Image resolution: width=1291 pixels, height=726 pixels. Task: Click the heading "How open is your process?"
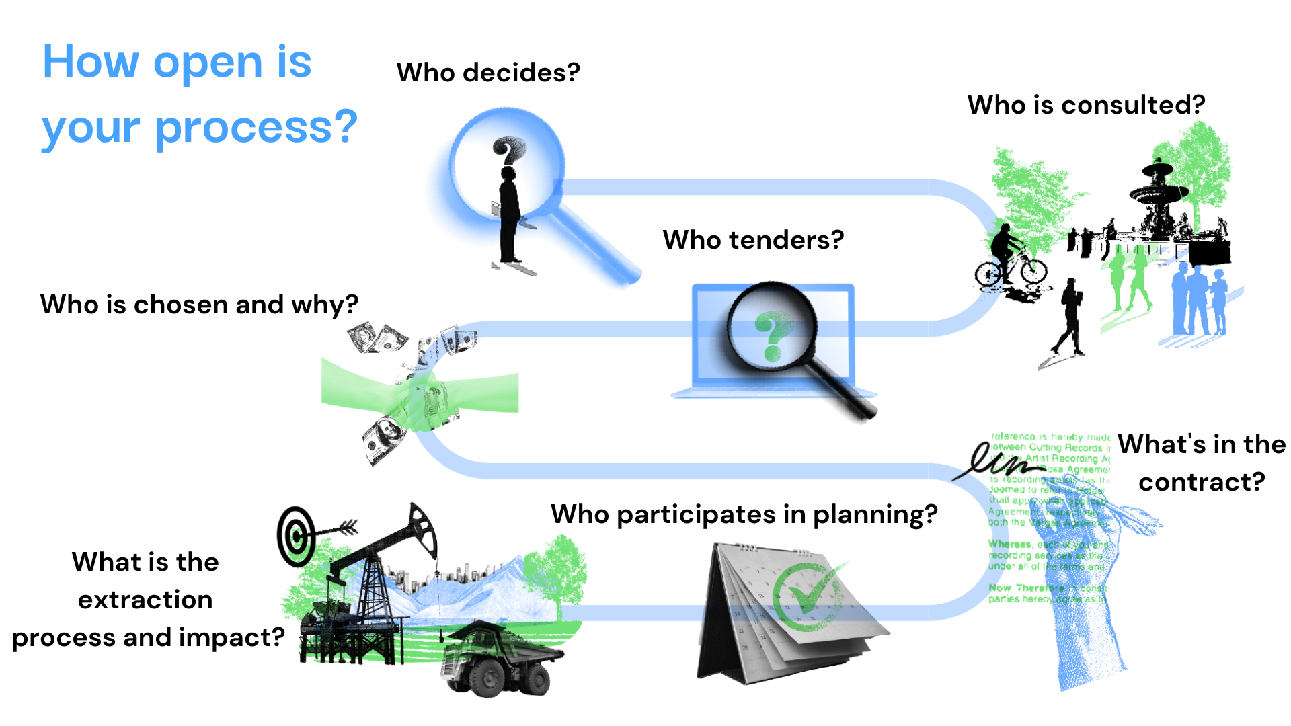199,94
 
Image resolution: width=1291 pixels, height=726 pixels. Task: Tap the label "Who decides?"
488,73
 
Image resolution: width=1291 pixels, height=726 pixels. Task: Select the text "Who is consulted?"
1086,105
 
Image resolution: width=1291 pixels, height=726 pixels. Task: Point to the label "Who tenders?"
753,240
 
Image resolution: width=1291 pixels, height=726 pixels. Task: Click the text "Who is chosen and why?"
199,305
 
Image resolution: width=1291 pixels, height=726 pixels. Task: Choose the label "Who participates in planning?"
744,514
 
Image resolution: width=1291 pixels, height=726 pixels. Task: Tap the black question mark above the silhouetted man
508,150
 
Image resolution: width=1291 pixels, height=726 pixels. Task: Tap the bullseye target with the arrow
297,536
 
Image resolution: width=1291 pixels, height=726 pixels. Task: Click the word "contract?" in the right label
1202,482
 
